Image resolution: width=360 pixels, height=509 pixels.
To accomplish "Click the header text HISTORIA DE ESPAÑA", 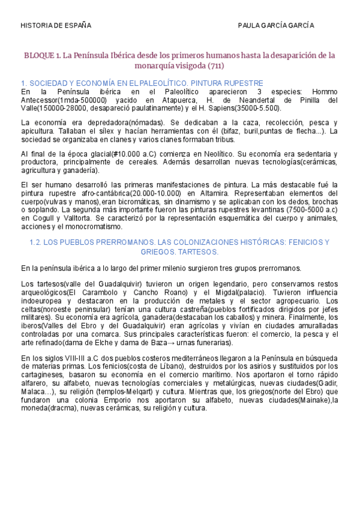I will (56, 26).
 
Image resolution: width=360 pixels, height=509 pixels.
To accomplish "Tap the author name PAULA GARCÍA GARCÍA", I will (276, 26).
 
